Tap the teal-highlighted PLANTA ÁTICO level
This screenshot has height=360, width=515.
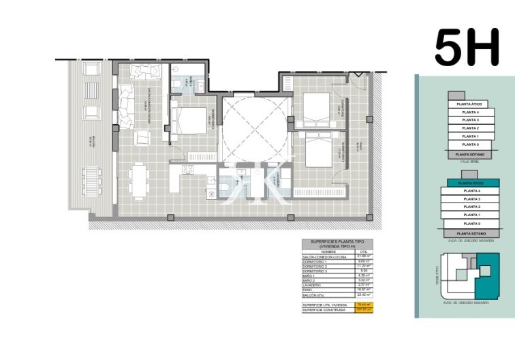[x=470, y=183]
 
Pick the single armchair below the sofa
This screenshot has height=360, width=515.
[x=144, y=138]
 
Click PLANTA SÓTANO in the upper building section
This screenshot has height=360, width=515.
[x=470, y=155]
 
